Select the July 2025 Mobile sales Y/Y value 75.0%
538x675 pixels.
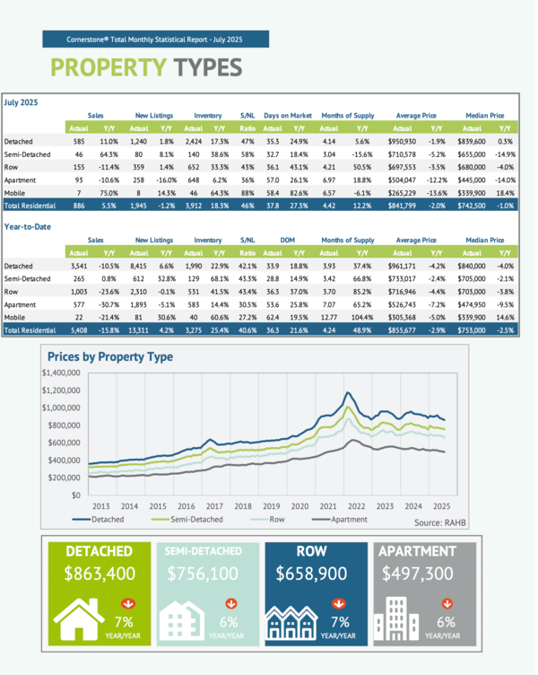click(x=109, y=192)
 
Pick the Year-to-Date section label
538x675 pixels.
click(x=28, y=226)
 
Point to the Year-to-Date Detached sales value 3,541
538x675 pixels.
click(x=79, y=266)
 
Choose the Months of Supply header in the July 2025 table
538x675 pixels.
click(x=347, y=116)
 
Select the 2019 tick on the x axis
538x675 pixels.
click(x=271, y=506)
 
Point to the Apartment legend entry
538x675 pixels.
click(x=341, y=520)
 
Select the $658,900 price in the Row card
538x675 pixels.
click(x=315, y=574)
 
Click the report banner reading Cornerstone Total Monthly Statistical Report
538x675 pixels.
click(x=155, y=39)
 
